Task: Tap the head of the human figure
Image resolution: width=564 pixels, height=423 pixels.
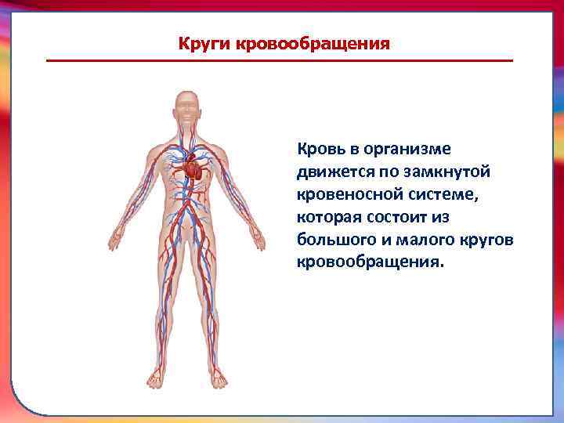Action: (186, 106)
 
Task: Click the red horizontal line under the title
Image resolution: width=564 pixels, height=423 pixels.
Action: (280, 61)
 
